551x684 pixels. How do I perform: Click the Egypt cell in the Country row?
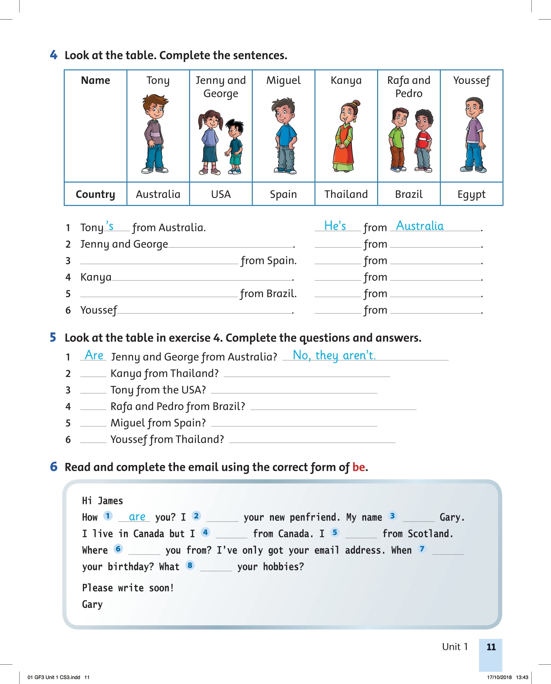point(471,194)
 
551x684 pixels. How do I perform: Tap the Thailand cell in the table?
point(346,194)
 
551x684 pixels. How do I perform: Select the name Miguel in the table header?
point(283,80)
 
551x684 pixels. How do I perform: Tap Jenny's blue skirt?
point(209,152)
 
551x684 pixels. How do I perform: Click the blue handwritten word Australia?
point(420,226)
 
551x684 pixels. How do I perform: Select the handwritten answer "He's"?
point(335,226)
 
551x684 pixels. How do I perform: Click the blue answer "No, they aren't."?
point(334,355)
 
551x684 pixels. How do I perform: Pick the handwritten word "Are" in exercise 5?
point(94,355)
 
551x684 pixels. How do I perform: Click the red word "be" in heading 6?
point(358,467)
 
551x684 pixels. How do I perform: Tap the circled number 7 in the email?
point(422,549)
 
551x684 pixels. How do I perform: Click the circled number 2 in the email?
point(196,516)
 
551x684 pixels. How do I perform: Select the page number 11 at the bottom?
point(491,647)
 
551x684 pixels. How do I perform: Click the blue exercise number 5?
point(53,337)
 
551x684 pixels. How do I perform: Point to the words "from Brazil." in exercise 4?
point(268,293)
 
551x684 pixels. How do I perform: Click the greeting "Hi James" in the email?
point(102,501)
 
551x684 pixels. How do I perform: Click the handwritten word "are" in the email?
point(137,517)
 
